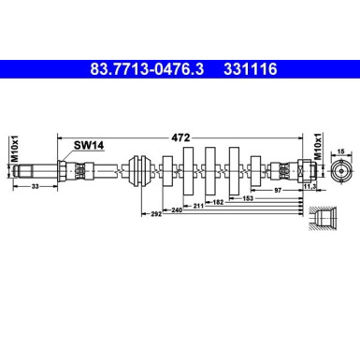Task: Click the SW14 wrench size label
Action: click(x=88, y=145)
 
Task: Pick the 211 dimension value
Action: click(x=198, y=205)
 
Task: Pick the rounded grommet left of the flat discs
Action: click(x=143, y=171)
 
